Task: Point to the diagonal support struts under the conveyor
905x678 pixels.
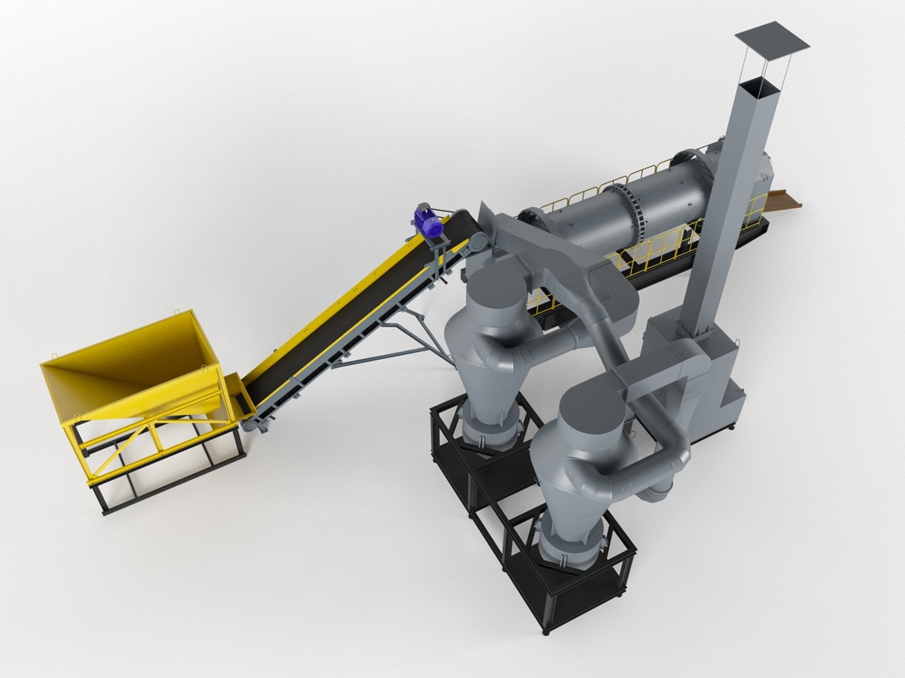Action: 390,348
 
